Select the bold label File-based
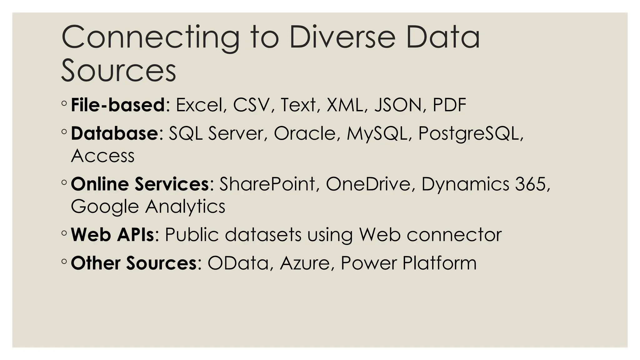(x=118, y=105)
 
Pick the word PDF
(x=449, y=105)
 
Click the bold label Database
(x=114, y=133)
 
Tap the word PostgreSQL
(x=468, y=134)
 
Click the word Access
(x=103, y=156)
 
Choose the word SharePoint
(x=267, y=184)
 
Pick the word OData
(x=238, y=263)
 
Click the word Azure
(x=305, y=263)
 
